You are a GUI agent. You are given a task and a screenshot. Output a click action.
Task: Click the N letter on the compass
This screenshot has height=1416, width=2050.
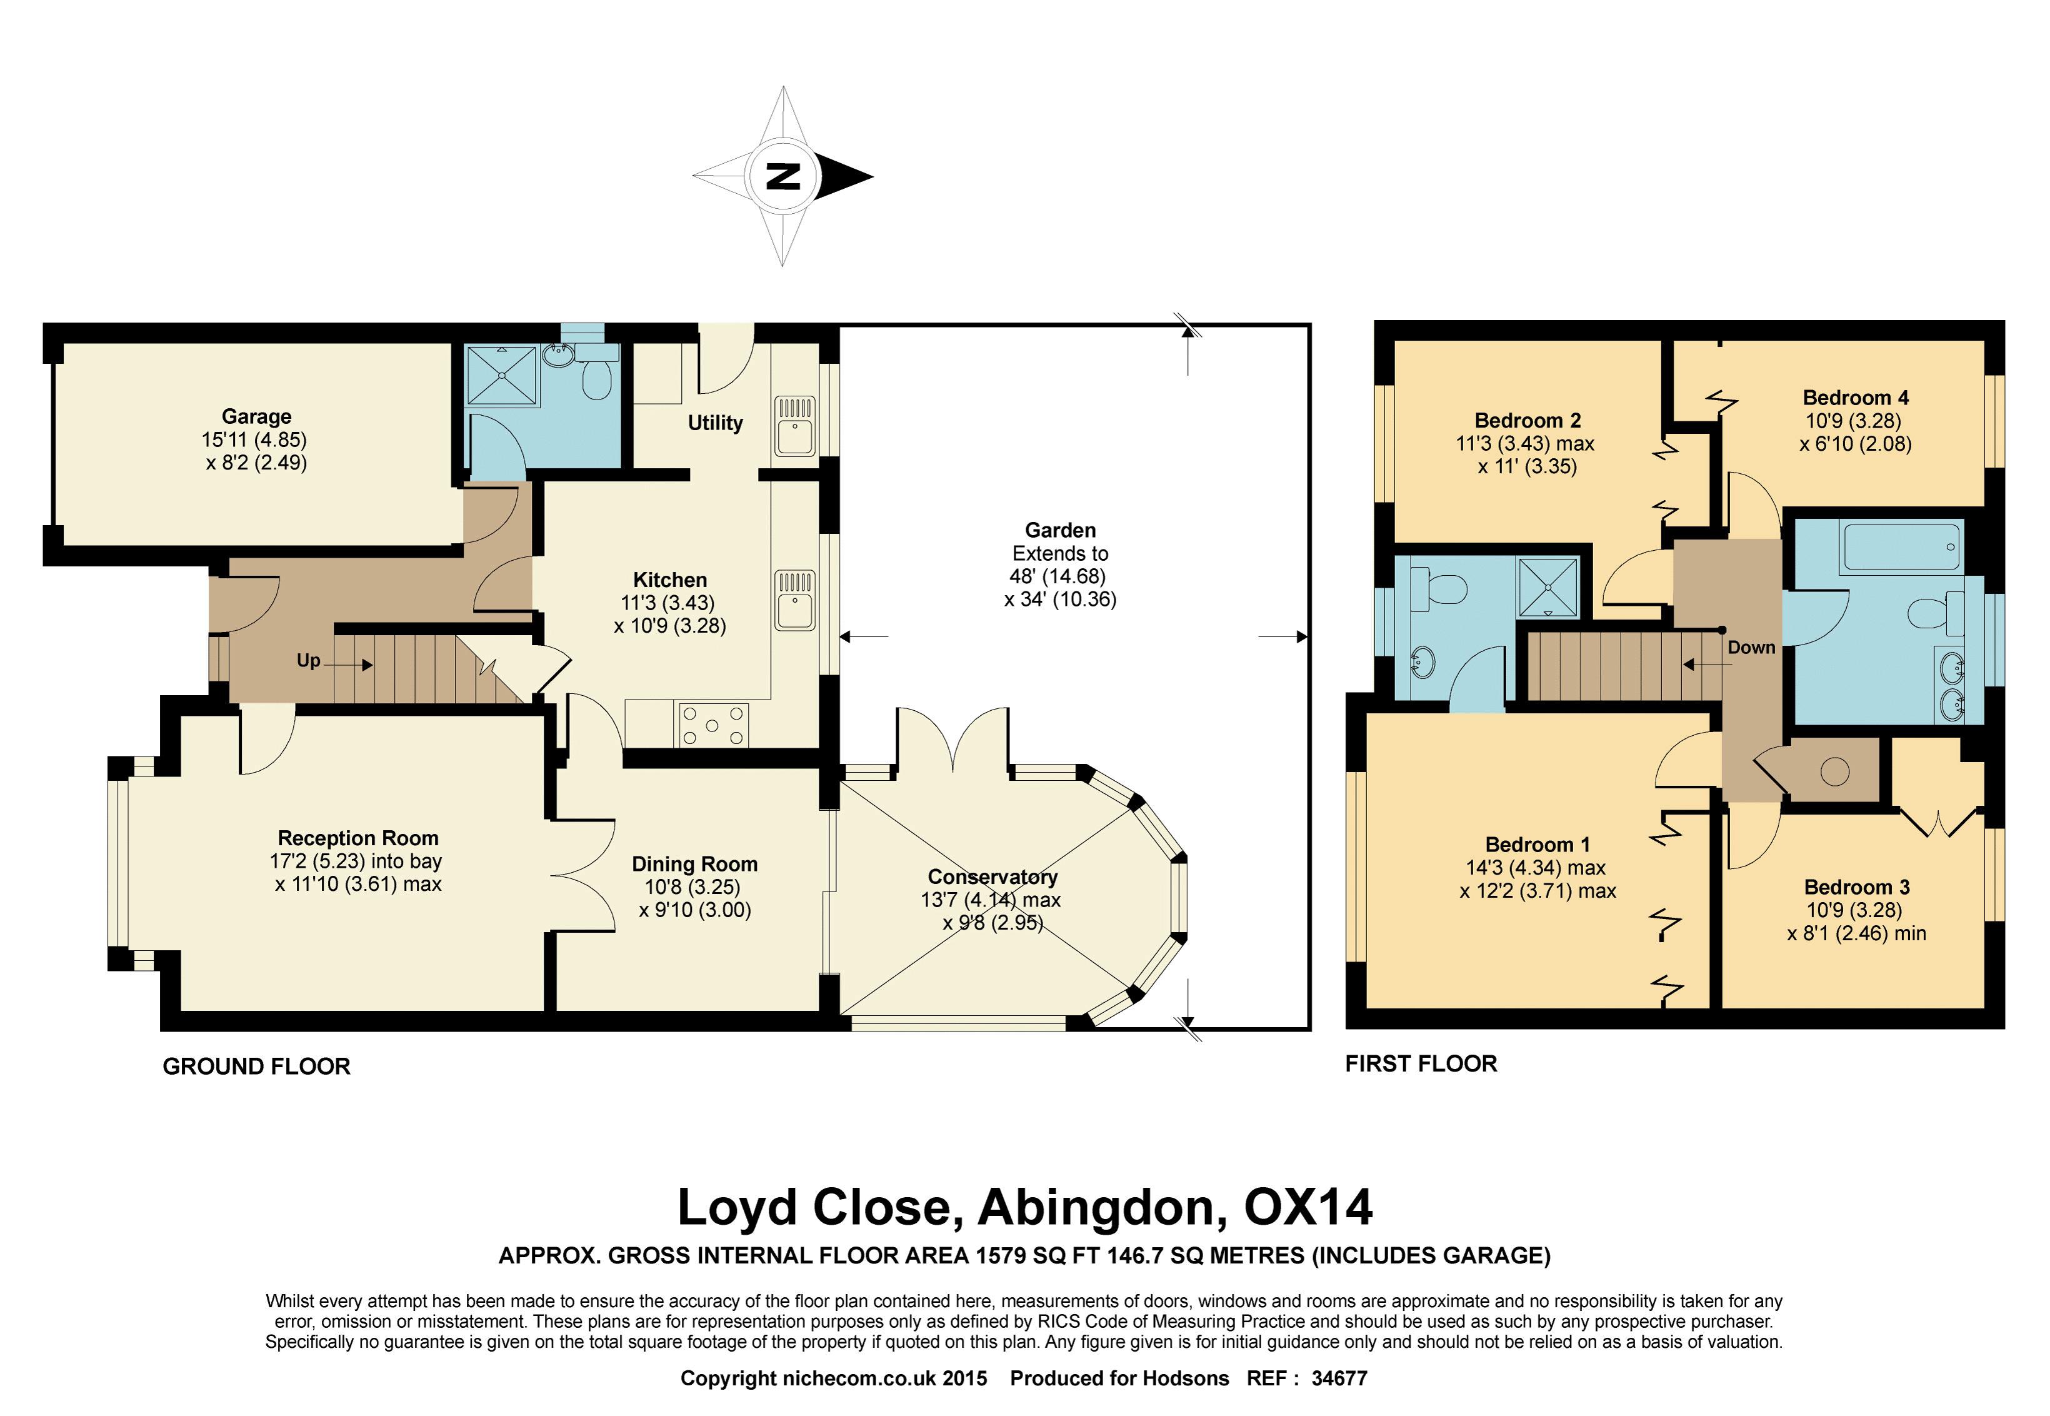click(x=782, y=176)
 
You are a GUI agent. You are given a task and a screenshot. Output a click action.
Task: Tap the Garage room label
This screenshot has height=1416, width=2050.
click(x=256, y=416)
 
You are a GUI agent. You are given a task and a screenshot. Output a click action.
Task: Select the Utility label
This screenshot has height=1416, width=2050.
click(x=715, y=423)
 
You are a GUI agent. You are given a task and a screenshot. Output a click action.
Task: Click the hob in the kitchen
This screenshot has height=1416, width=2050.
click(x=712, y=725)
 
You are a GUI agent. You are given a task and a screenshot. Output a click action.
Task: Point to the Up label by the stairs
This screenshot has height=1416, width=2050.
click(x=307, y=661)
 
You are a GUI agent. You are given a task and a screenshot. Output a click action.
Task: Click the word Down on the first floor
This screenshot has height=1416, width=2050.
click(x=1751, y=648)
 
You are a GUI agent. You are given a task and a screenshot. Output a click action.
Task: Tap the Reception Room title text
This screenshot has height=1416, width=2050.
click(x=357, y=838)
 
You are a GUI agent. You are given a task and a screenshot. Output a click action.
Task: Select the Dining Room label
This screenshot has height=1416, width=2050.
click(x=694, y=864)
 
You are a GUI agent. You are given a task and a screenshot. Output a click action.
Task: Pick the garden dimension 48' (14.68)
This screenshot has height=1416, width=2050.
click(x=1057, y=576)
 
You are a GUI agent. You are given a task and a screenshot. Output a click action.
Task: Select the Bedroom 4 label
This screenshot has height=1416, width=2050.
click(x=1856, y=398)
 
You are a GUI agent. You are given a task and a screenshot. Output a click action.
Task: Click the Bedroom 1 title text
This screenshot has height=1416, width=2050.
click(x=1537, y=845)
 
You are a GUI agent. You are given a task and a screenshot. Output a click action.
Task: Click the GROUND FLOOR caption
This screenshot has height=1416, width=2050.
click(x=256, y=1067)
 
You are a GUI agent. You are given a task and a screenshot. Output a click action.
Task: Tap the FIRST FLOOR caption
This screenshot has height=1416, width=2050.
click(x=1421, y=1064)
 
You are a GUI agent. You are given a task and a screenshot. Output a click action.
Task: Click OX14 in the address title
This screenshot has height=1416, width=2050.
click(x=1308, y=1207)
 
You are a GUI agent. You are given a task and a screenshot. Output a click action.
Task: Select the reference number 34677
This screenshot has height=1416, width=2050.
click(x=1339, y=1378)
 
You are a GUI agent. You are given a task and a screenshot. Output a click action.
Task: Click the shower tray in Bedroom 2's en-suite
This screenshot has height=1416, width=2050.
click(x=1548, y=586)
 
